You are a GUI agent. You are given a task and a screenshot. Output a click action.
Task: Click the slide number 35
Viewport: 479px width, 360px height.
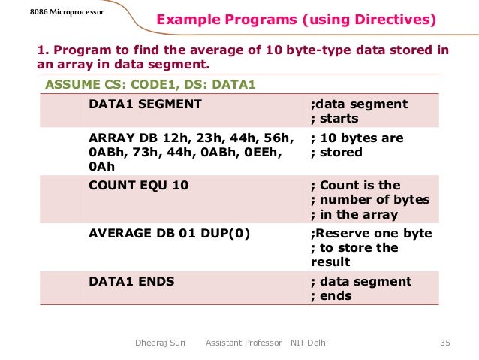pos(444,343)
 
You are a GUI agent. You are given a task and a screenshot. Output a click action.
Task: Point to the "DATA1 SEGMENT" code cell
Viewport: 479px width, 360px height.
pos(145,104)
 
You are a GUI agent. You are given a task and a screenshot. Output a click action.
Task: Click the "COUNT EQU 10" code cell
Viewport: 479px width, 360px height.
pos(139,186)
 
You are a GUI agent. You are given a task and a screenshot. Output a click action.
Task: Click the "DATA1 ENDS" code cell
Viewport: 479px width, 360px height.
pos(131,282)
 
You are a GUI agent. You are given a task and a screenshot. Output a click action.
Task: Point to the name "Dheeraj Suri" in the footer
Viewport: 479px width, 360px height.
pos(159,343)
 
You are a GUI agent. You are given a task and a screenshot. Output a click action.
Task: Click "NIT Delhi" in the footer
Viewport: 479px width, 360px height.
pos(309,343)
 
